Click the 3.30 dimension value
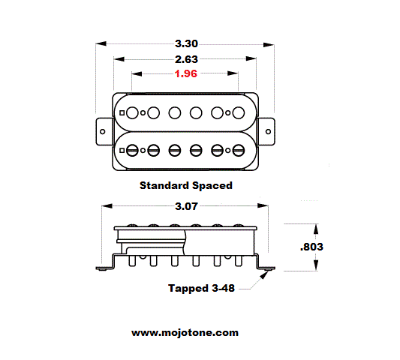[x=186, y=43]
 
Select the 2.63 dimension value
[x=186, y=59]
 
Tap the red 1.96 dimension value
[x=185, y=73]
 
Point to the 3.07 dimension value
[x=186, y=206]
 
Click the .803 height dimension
[x=311, y=247]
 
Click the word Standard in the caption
[x=164, y=185]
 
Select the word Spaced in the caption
[x=212, y=185]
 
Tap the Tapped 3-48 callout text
[x=201, y=288]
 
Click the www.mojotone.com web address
[x=185, y=333]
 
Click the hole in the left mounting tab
[x=103, y=131]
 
